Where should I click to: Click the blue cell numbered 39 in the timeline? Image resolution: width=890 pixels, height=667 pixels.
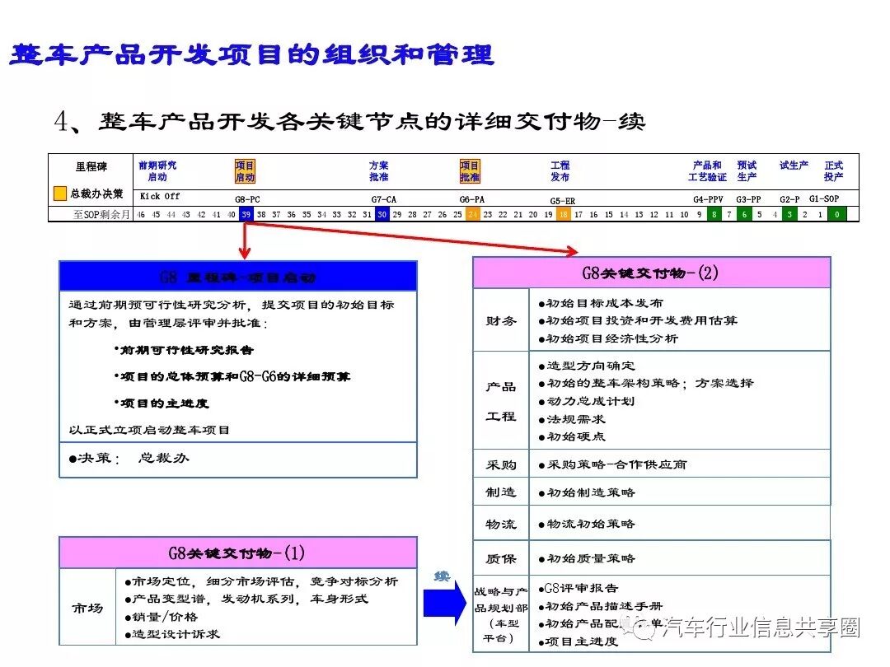pos(246,214)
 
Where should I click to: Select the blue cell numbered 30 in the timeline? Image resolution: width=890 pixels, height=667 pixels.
pos(382,214)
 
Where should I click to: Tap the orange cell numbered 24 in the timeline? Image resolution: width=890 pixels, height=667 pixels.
pos(473,214)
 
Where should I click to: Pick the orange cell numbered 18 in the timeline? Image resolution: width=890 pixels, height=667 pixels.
pos(564,214)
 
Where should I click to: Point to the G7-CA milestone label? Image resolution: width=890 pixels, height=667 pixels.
pos(384,199)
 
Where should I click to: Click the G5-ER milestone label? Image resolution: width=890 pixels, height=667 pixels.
pos(563,200)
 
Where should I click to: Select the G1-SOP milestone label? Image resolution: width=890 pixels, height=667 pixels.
pos(824,198)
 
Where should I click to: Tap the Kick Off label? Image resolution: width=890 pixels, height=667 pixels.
pos(160,197)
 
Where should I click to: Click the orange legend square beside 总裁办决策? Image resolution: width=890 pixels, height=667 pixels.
pos(59,194)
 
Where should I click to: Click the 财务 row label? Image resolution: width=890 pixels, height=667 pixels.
pos(501,320)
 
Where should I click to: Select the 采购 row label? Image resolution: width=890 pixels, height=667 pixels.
pos(501,464)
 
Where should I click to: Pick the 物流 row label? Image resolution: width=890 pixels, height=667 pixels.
pos(501,524)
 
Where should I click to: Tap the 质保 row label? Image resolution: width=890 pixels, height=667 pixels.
pos(501,558)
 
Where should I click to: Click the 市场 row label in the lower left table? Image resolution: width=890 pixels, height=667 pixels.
pos(87,608)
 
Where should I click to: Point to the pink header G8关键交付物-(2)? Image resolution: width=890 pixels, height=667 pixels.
pos(651,273)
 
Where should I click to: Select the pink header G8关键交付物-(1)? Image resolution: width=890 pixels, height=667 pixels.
pos(237,553)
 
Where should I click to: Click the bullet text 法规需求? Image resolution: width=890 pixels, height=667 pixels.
pos(580,418)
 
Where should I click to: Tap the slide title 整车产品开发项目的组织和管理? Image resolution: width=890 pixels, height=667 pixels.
pos(251,55)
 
